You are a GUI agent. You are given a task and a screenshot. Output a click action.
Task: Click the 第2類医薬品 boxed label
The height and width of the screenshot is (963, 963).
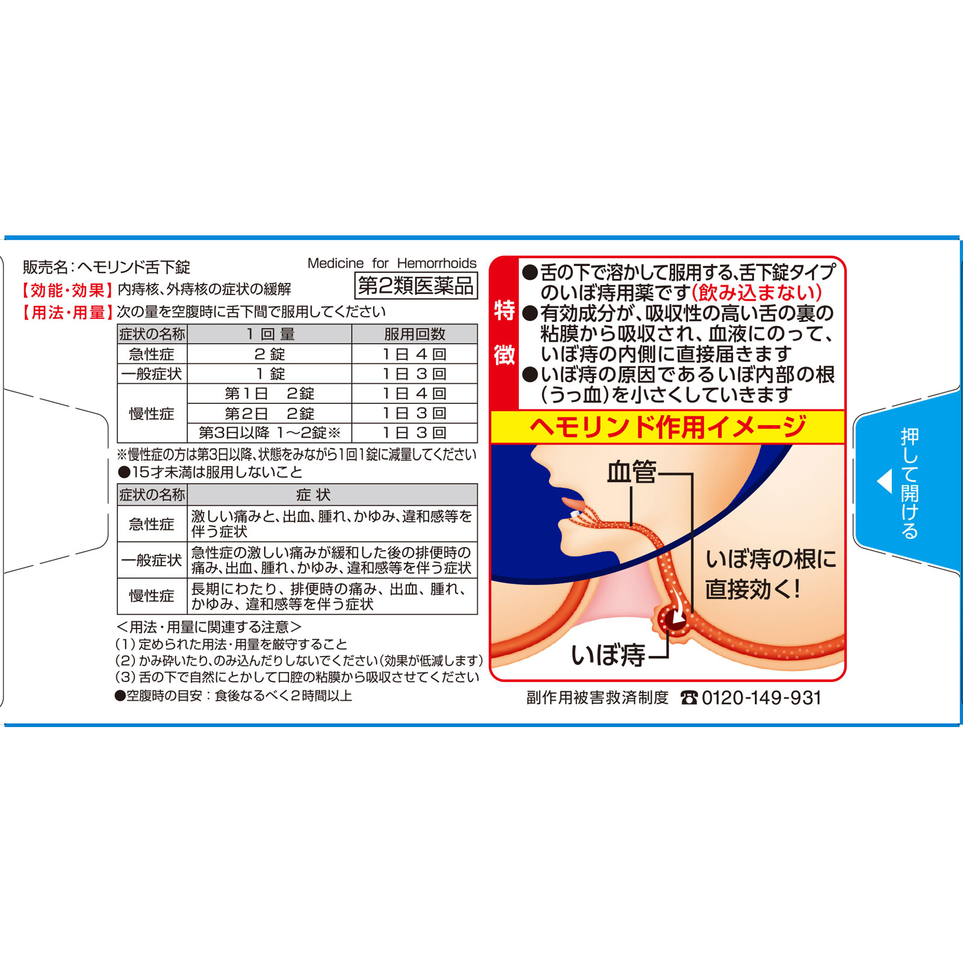click(x=416, y=285)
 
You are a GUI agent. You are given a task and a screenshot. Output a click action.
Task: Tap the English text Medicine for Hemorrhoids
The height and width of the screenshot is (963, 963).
click(x=392, y=263)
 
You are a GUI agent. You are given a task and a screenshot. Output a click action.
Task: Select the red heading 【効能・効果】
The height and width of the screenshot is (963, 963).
click(x=67, y=290)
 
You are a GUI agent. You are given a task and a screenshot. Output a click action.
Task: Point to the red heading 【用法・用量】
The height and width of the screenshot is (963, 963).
click(x=67, y=312)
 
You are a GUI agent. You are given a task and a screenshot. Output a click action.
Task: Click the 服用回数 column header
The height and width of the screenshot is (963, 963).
click(x=415, y=334)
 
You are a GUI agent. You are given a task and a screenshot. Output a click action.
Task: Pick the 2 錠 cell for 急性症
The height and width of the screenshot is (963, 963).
click(x=270, y=354)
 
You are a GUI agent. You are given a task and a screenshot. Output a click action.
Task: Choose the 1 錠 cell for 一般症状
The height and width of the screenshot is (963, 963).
click(x=270, y=374)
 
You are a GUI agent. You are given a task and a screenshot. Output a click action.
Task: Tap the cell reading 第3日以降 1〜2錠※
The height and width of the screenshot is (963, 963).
click(x=270, y=433)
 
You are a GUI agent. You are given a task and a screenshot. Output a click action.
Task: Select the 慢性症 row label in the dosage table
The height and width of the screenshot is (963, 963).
click(x=152, y=413)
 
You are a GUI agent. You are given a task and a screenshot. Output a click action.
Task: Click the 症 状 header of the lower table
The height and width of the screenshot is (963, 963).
click(x=314, y=495)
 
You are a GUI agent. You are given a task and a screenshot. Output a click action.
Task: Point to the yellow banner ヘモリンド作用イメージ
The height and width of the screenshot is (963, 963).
click(x=668, y=427)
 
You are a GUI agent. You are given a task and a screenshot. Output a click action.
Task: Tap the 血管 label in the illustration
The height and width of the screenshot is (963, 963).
click(x=631, y=472)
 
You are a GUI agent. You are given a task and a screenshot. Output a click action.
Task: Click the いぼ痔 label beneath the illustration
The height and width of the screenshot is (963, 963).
click(x=608, y=654)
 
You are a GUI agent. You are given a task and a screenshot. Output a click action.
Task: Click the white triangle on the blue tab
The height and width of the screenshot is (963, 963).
click(x=884, y=482)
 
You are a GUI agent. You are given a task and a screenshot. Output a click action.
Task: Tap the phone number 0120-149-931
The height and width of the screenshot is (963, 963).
click(x=761, y=698)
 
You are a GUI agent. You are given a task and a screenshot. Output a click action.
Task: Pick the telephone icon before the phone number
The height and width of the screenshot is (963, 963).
click(x=689, y=698)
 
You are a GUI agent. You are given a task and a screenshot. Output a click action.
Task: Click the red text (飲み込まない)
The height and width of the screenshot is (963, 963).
click(x=757, y=293)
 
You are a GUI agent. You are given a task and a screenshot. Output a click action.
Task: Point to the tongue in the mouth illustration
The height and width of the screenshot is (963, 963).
click(x=573, y=502)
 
